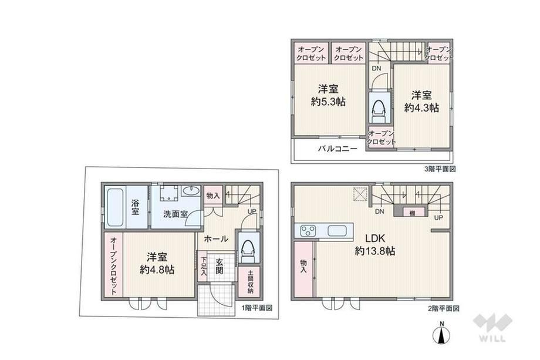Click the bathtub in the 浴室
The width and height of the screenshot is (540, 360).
coord(115,207)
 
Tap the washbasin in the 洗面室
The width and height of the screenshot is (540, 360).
coord(191,191)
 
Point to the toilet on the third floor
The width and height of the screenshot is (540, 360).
coord(379,108)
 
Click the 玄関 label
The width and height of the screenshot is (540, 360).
coord(220,266)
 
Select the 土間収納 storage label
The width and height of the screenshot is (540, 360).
coord(250,281)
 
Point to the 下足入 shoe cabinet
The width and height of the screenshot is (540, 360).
coord(204,266)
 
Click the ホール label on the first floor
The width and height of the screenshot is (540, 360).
coord(216,238)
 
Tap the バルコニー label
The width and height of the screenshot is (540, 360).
coord(338,149)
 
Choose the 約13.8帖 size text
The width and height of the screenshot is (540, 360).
coord(374,251)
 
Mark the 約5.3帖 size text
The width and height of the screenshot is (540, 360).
coord(328,102)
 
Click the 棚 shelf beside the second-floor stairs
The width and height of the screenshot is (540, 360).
coord(412,213)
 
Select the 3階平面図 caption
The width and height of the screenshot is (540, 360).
coord(440,169)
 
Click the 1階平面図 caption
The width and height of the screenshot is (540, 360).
coord(257,308)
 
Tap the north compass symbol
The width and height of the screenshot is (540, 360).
coord(441,333)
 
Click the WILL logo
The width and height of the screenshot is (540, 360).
coord(493,327)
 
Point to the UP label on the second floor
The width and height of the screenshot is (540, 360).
coord(438,218)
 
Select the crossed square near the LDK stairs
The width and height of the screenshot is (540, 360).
coord(360,194)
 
